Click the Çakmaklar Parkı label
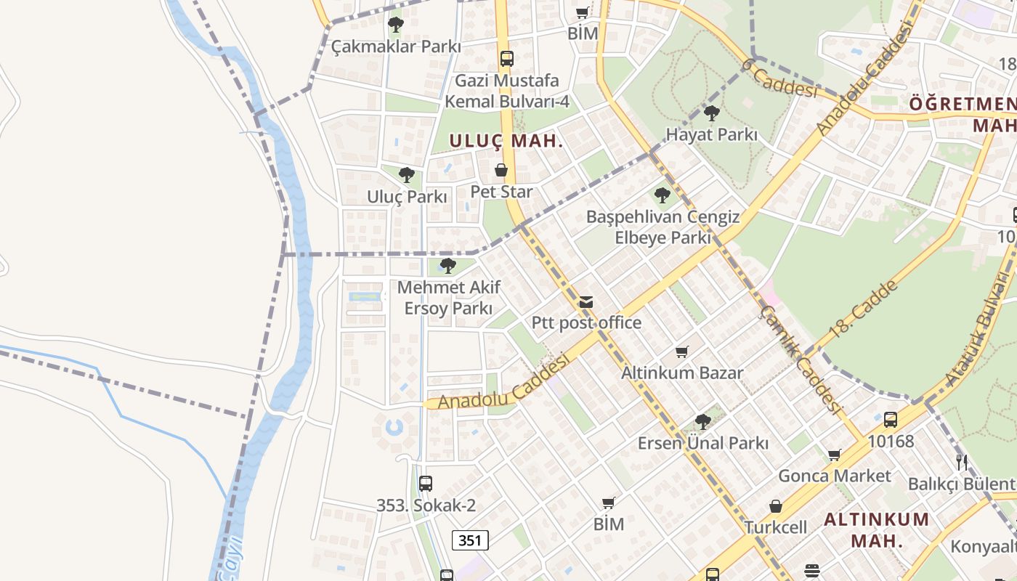(396, 46)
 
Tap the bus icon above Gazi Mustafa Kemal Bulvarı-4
(506, 59)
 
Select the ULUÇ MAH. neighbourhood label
(506, 141)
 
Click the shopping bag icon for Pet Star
(501, 171)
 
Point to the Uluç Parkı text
(407, 197)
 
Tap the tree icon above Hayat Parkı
(712, 113)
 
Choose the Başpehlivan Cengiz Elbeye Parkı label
(663, 227)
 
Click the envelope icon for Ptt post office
(586, 302)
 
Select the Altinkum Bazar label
(681, 373)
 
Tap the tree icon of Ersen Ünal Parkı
(702, 421)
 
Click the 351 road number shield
(470, 540)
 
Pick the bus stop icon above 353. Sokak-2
(426, 483)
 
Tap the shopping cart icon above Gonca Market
(834, 455)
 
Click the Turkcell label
(775, 527)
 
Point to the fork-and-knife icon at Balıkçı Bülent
(962, 462)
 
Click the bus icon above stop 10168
(891, 419)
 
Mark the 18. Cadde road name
(863, 308)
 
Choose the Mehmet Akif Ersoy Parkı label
(449, 298)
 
